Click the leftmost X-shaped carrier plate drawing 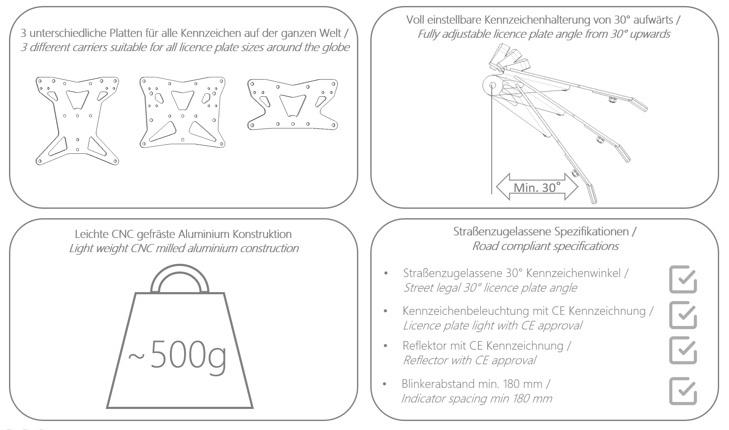pos(77,121)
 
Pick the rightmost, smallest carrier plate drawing pos(293,104)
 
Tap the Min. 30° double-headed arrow pos(537,187)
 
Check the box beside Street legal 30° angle pos(683,280)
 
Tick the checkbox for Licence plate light pos(683,315)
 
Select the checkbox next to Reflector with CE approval pos(683,350)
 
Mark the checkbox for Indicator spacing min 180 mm pos(683,391)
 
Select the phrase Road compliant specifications pos(545,246)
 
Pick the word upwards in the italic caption pos(650,34)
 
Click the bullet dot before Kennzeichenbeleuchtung pos(386,311)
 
